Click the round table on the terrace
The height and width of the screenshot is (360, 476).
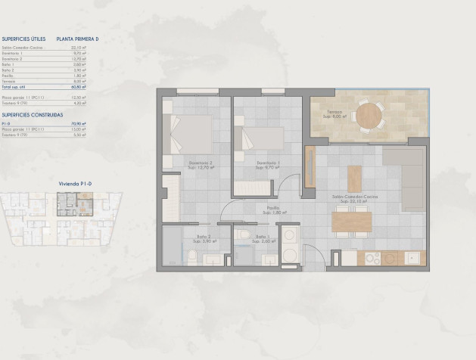(x=369, y=116)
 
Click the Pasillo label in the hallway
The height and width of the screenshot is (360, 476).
(x=273, y=211)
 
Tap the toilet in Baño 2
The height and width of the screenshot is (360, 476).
(x=192, y=259)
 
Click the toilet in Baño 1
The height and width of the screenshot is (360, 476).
(x=242, y=235)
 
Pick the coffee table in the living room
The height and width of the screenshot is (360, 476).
(x=354, y=178)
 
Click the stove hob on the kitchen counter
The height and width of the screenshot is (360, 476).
(x=372, y=259)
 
